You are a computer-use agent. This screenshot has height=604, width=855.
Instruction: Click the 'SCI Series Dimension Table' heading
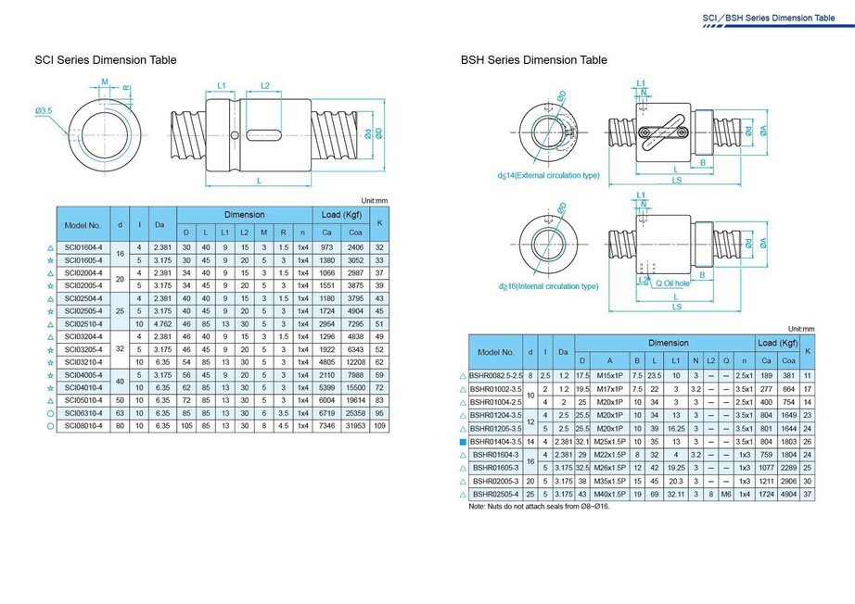(105, 60)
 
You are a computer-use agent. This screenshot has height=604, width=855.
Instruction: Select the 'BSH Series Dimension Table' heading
(534, 60)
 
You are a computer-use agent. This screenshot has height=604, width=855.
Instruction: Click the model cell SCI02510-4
(83, 324)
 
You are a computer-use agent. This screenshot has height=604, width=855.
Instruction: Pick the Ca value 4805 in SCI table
(326, 361)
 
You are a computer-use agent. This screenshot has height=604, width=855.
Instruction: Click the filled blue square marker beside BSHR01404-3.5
(463, 442)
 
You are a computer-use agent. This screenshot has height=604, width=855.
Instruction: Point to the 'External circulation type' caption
(548, 175)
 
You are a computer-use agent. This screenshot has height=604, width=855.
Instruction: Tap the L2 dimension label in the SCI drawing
(264, 86)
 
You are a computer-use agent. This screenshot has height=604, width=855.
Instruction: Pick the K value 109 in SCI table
(379, 425)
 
